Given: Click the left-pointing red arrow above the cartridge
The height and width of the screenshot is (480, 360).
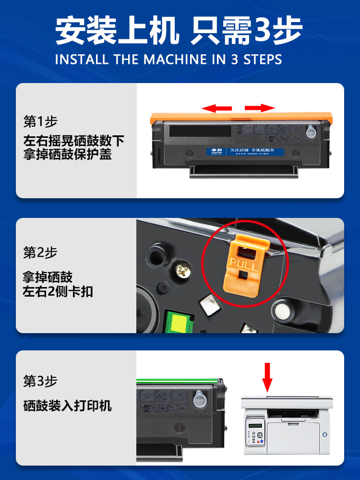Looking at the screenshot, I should point(216,108).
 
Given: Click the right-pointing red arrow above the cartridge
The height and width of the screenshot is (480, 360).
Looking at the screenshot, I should point(260,108).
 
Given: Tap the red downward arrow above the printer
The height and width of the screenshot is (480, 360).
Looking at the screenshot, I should point(267,377).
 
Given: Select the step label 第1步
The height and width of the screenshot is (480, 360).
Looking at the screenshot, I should point(40,121).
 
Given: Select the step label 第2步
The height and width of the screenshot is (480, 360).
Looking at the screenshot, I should point(40,252).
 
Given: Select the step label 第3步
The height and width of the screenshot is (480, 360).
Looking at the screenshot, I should point(40,382).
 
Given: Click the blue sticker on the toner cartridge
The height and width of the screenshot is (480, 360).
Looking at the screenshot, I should point(245,152).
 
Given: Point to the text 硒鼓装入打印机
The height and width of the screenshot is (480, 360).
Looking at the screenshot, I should point(68,406).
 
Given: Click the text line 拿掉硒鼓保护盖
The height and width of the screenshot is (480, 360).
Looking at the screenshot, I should point(68,155).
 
